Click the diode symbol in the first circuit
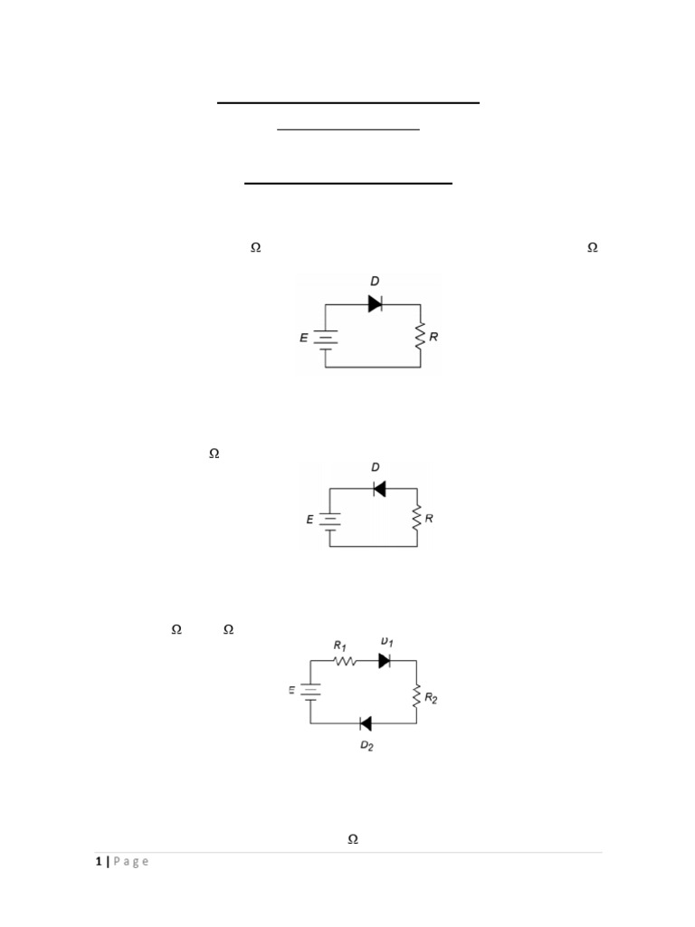375,304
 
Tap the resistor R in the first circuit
421,337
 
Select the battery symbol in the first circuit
326,338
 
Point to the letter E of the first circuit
304,338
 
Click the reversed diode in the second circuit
379,489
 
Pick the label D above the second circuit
376,468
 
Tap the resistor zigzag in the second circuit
416,519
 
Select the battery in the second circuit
329,520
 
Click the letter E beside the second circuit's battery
309,520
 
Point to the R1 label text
340,645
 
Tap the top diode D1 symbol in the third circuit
384,661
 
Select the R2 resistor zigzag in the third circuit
416,697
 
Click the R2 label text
432,699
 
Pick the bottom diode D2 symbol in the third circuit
366,723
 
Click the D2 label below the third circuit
367,747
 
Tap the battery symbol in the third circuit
310,692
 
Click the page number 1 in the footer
98,862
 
